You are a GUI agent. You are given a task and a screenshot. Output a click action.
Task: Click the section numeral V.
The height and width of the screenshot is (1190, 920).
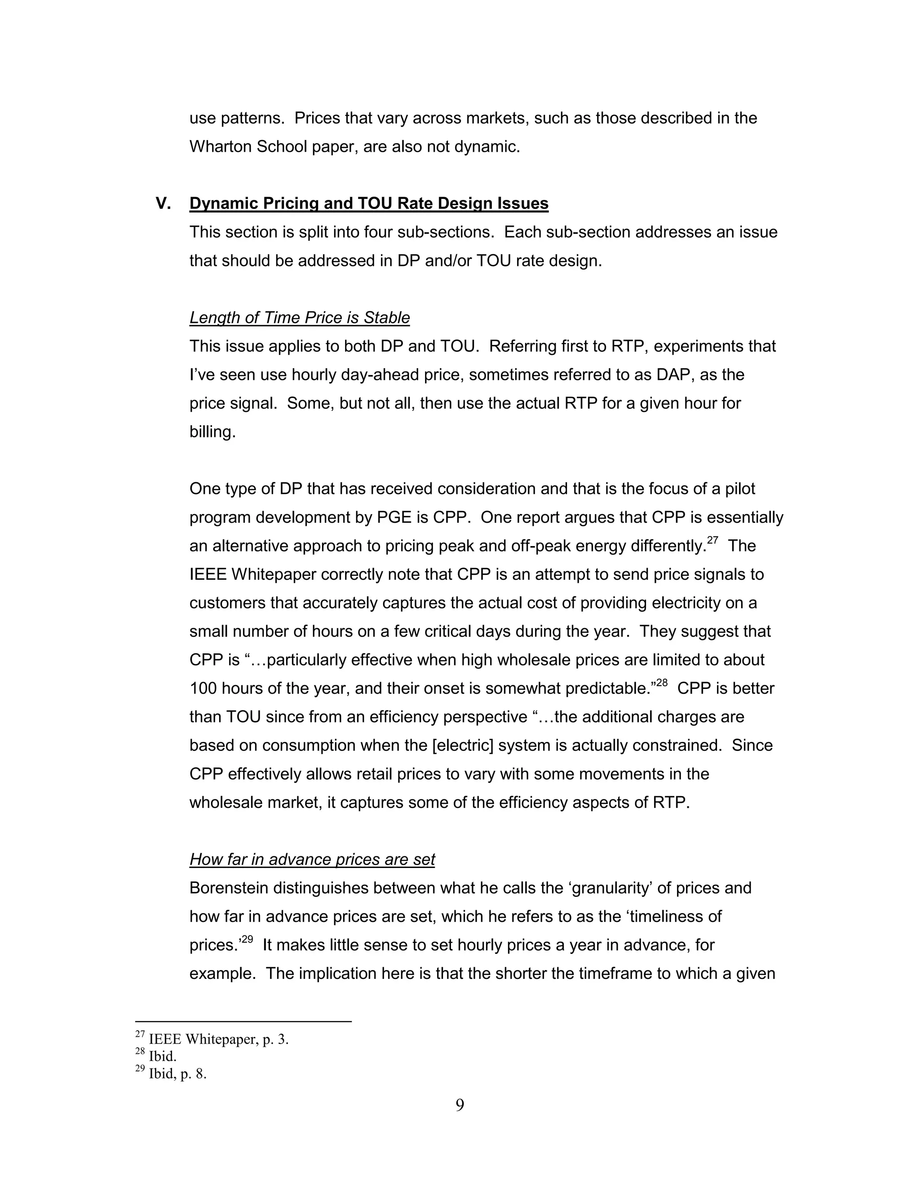[x=163, y=203]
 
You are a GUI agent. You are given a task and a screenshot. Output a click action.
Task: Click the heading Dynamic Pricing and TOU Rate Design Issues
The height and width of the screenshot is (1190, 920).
[x=368, y=203]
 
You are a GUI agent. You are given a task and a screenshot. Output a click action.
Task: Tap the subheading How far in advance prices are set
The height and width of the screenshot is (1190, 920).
[x=312, y=859]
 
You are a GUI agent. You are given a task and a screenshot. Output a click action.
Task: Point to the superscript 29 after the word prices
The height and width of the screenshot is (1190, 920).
[x=247, y=939]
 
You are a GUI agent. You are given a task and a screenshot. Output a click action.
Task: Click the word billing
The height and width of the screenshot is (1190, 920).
[x=212, y=432]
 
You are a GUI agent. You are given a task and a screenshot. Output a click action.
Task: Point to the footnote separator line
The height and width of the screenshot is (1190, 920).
[x=243, y=1021]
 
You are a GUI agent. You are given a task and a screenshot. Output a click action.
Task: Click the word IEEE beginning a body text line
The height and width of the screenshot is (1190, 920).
[x=207, y=574]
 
